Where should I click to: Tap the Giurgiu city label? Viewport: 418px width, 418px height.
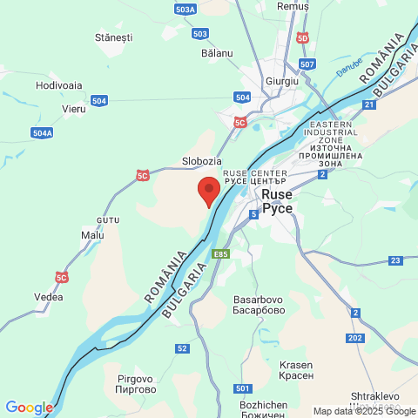coord(281,81)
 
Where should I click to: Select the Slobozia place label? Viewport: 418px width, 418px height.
coord(201,161)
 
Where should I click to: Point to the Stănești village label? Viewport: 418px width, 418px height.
coord(113,38)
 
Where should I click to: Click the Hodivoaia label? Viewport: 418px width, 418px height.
coord(59,85)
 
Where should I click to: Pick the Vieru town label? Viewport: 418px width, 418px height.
coord(74,109)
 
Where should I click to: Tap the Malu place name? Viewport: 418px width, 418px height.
coord(91,235)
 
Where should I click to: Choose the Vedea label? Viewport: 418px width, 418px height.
coord(48,297)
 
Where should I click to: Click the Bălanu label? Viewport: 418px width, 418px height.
coord(217,53)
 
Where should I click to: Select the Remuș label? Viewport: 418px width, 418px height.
coord(293,6)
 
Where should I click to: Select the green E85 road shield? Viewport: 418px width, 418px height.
coord(221,254)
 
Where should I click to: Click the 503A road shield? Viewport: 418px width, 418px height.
coord(185,10)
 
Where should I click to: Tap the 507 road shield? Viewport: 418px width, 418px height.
coord(307,64)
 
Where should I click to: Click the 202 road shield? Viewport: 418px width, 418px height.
coord(354,338)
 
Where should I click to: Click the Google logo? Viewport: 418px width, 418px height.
coord(29,408)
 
